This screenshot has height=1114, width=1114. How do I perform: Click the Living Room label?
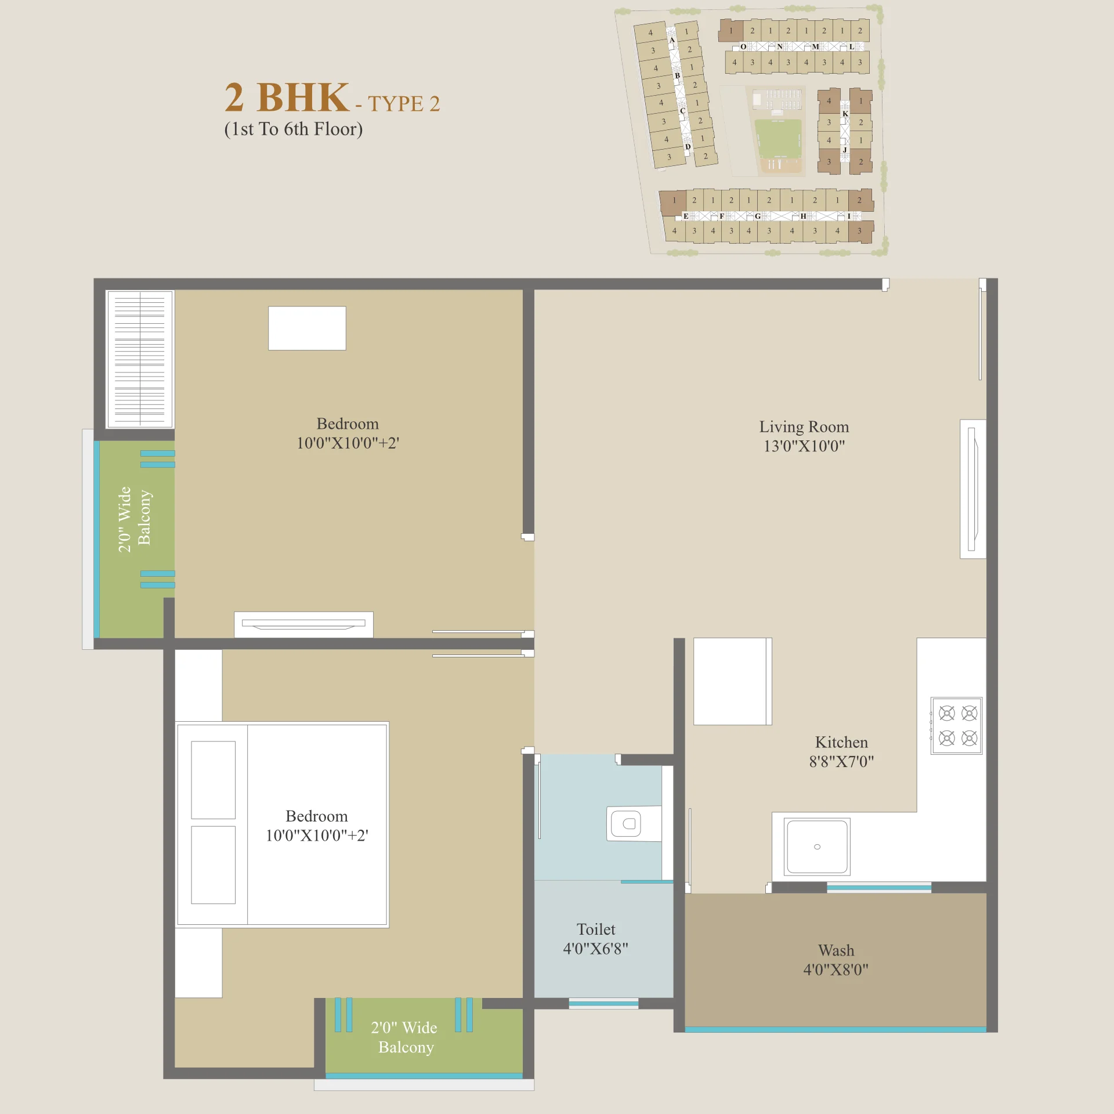pos(804,427)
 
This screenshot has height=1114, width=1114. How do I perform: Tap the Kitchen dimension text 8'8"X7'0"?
pos(841,762)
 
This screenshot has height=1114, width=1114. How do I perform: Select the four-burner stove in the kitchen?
pos(957,726)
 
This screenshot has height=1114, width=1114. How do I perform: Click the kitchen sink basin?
pos(817,847)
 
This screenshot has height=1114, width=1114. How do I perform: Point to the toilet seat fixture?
pos(634,823)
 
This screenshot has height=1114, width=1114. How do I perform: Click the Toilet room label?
pos(596,929)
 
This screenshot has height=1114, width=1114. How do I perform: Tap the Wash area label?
pos(836,950)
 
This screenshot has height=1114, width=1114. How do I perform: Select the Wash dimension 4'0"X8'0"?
pos(835,970)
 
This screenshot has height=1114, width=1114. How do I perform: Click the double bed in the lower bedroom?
pos(283,824)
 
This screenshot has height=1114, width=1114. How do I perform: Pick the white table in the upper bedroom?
pos(307,328)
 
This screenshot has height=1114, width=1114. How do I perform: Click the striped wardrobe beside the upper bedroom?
pos(140,359)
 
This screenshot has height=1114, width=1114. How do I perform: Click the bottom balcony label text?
pos(404,1037)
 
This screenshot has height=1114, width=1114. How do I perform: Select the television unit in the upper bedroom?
pos(303,624)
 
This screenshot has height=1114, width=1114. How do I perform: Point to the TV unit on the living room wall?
pos(973,489)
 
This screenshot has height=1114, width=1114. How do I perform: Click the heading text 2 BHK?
pos(287,97)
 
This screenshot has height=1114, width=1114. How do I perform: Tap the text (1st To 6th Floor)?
pos(294,129)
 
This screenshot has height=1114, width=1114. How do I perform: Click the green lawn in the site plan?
pos(779,138)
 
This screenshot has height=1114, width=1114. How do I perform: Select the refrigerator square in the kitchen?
pos(733,681)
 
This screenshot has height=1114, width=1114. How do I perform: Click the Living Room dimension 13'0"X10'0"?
pos(804,446)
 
